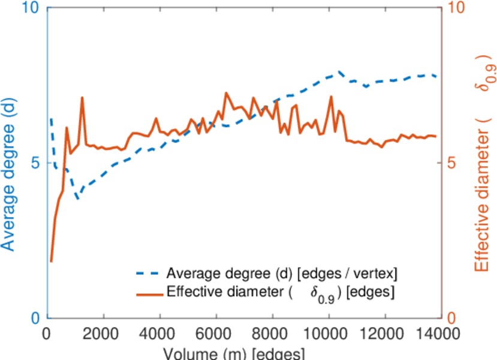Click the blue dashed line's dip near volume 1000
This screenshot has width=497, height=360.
77,199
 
